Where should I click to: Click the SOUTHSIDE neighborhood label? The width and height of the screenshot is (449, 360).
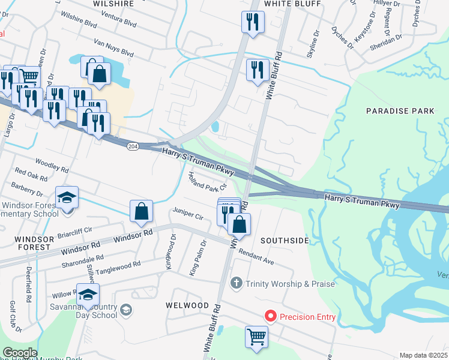(285, 241)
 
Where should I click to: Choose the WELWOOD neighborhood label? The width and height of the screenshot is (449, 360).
(187, 305)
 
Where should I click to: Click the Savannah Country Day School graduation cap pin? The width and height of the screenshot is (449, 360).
(88, 296)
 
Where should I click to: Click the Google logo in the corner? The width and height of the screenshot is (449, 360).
(19, 353)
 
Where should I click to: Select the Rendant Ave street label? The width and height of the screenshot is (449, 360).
(256, 257)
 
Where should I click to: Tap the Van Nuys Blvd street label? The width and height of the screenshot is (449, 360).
(113, 48)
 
